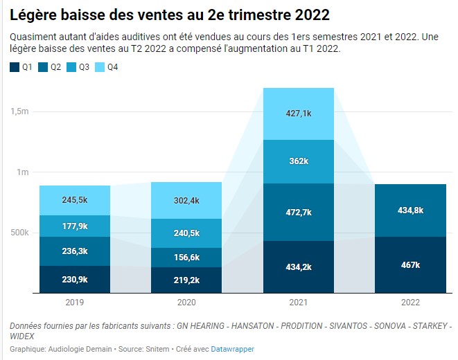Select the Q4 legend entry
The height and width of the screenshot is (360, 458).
point(106,67)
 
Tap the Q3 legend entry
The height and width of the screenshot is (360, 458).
point(78,67)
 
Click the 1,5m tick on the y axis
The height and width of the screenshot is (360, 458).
point(20,111)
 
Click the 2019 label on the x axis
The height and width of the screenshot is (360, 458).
point(74,302)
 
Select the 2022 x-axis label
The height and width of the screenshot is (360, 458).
point(410,302)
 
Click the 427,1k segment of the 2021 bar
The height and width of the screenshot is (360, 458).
point(299,114)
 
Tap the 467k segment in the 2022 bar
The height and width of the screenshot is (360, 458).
point(410,265)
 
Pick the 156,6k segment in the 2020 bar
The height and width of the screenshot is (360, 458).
point(187,257)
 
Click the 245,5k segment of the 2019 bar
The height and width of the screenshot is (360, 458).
point(74,200)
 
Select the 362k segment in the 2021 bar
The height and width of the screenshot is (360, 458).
point(299,161)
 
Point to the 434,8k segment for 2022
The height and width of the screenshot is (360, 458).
point(410,210)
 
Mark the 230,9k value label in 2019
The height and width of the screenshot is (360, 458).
point(74,279)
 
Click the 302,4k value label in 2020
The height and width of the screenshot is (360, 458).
point(187,201)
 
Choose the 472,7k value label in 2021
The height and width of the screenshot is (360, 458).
point(299,213)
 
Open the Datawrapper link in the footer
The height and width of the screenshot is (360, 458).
point(232,350)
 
